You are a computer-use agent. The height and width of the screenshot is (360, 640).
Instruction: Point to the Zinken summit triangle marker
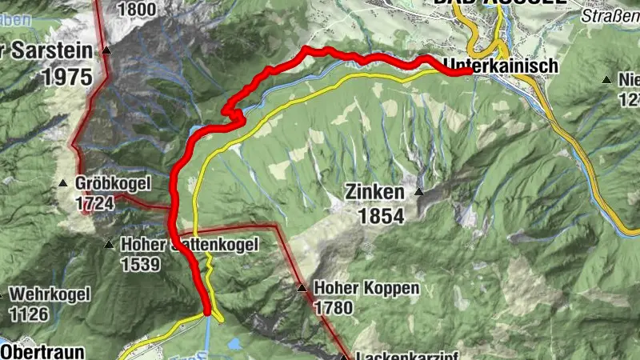(x=419, y=192)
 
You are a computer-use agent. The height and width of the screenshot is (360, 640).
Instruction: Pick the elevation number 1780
(x=334, y=307)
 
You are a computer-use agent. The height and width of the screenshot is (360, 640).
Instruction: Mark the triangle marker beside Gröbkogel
(x=64, y=184)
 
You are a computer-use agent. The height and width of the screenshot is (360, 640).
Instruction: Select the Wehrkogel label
(x=50, y=294)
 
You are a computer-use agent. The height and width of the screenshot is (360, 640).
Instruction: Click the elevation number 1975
(x=66, y=77)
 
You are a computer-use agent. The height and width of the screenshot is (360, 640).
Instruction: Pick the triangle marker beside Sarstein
(x=107, y=51)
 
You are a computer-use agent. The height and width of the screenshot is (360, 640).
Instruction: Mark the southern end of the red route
(x=207, y=312)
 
